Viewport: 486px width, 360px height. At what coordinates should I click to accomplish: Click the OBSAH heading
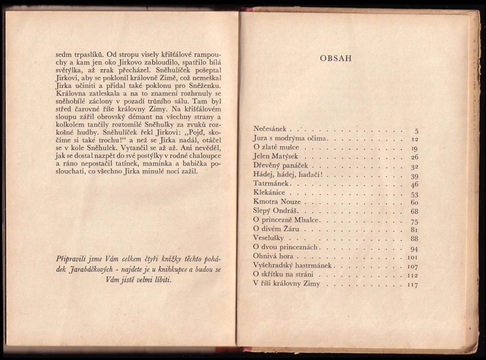[336, 58]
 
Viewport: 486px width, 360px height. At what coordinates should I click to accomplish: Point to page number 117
[412, 285]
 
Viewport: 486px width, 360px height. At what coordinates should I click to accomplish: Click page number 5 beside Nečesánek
[416, 131]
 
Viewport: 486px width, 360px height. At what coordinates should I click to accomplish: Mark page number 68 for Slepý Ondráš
[414, 212]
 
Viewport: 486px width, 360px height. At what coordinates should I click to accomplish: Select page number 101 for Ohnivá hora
[412, 258]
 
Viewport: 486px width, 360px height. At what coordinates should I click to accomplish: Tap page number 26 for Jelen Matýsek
[415, 157]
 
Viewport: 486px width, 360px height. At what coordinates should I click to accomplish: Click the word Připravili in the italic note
[74, 258]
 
